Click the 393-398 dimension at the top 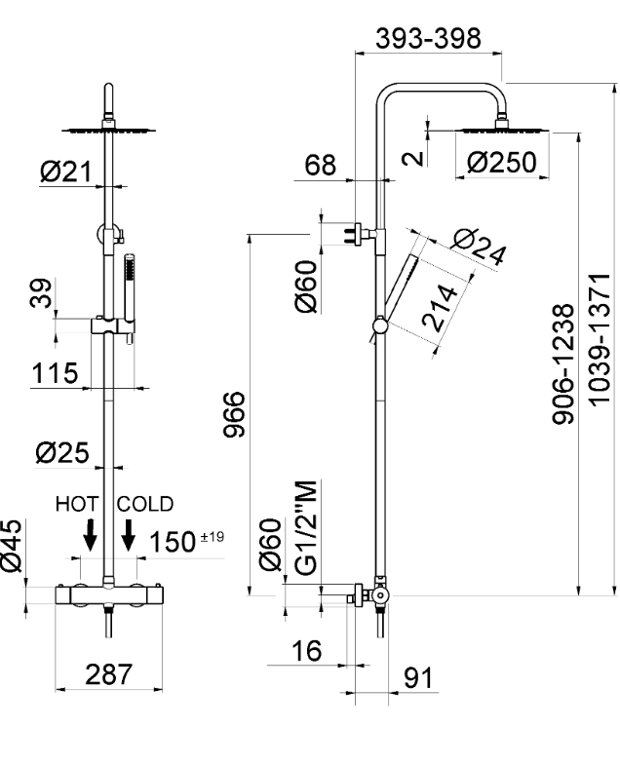430,38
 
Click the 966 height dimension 231,414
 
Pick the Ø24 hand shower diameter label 481,246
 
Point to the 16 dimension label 307,650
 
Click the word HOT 77,504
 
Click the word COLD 145,504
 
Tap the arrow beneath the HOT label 90,534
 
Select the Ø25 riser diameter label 63,452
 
